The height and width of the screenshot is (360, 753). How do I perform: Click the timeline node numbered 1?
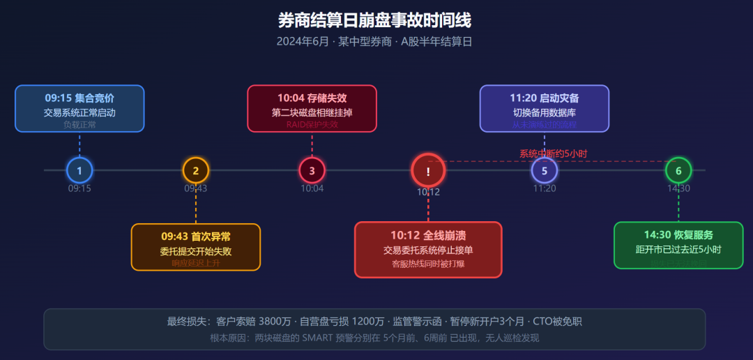[79, 170]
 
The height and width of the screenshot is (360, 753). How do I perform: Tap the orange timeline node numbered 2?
[196, 170]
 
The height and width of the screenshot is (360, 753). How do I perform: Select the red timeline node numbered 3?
[312, 170]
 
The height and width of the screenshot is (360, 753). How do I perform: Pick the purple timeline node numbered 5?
[545, 170]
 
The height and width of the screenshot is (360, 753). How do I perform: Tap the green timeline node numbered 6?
[678, 170]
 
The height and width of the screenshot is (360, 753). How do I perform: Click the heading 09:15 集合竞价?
[79, 98]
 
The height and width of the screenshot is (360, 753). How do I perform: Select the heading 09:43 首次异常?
[196, 236]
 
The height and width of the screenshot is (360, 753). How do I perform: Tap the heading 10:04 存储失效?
[312, 98]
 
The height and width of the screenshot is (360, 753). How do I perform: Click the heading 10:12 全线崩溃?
[428, 235]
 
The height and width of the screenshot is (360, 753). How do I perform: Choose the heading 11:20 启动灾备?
[545, 98]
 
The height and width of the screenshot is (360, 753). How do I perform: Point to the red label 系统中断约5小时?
[554, 153]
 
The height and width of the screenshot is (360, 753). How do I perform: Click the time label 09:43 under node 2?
[196, 188]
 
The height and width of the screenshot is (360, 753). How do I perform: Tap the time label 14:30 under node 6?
[678, 188]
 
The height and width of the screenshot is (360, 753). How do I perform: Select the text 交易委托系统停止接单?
[428, 250]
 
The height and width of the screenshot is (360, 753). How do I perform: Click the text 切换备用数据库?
[545, 112]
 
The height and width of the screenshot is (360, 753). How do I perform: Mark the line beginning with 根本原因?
[374, 338]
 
